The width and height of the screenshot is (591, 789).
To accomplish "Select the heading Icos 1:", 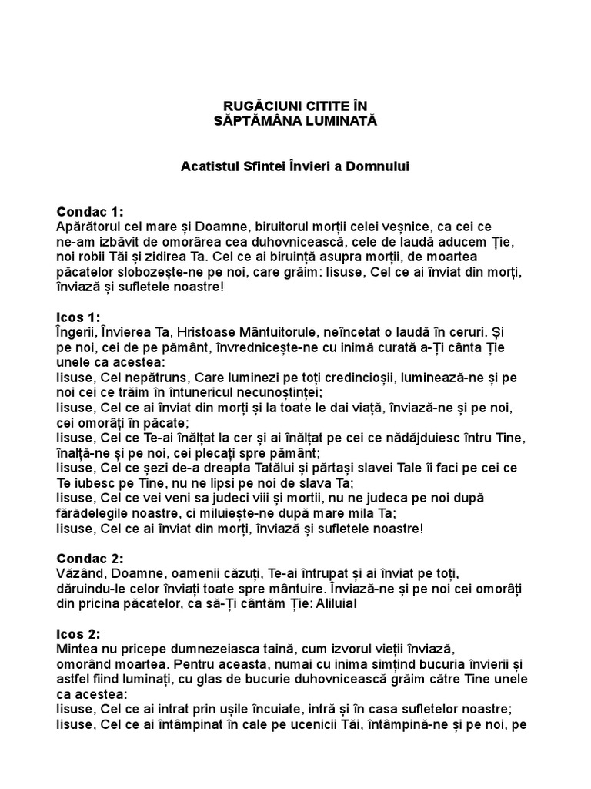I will click(x=78, y=317).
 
